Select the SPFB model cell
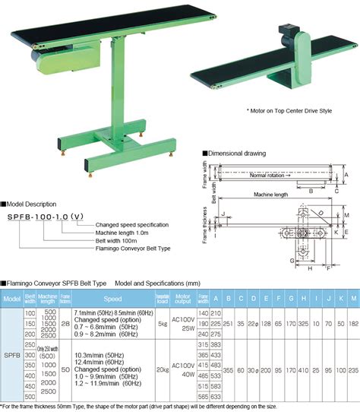11,353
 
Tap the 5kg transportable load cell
162,322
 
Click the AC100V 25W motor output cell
182,322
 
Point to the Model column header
11,299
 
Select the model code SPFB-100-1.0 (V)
46,217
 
